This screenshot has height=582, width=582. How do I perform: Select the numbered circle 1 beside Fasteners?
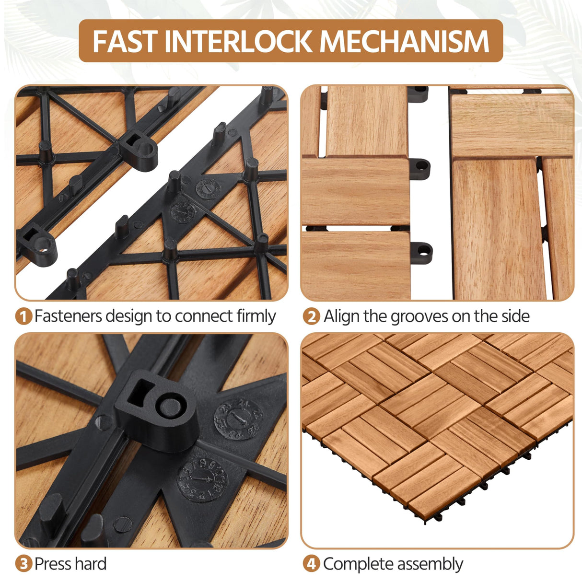pos(23,317)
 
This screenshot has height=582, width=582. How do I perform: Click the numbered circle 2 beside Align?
pos(311,317)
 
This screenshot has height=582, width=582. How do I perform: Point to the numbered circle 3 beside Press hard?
pos(23,564)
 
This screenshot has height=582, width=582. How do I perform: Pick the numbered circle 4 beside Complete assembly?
pos(311,564)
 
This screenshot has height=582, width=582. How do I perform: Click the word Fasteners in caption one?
pos(68,316)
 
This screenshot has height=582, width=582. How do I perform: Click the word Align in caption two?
pos(341,316)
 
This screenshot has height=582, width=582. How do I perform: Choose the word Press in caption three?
pos(51,564)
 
